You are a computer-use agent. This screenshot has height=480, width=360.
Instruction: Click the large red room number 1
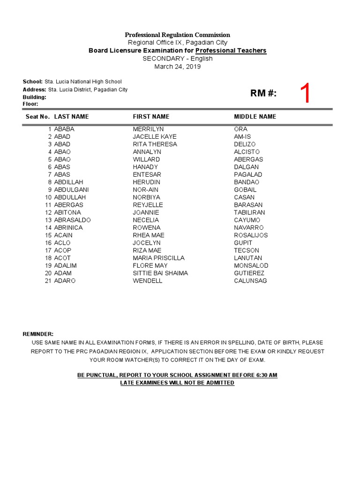coord(305,94)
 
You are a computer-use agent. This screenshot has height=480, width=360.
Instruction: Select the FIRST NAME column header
coord(151,117)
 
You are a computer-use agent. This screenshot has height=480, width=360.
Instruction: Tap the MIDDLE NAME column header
coord(255,117)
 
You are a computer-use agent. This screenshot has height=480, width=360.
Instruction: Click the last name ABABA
coord(64,129)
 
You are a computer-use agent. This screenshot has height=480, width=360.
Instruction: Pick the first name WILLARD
coord(146,159)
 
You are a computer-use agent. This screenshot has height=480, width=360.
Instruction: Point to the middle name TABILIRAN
coord(249,212)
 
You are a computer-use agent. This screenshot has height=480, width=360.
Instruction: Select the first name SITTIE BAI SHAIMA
coord(160,273)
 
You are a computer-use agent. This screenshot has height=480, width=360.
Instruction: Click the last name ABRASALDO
coord(72,220)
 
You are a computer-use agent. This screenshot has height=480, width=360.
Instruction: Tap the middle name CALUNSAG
coord(250,281)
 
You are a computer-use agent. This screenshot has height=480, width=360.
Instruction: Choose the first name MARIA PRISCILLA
coord(158,258)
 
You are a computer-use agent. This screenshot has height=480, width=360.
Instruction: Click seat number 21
coord(48,281)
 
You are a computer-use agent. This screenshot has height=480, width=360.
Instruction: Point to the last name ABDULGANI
coord(71,190)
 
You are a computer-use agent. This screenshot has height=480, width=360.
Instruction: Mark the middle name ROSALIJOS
coord(251,235)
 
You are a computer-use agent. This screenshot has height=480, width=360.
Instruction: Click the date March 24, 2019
coord(178,67)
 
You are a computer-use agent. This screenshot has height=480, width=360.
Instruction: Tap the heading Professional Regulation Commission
coord(177,35)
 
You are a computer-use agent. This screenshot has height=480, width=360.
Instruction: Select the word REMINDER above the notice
coord(38,334)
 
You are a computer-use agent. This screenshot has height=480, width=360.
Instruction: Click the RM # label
coord(263,93)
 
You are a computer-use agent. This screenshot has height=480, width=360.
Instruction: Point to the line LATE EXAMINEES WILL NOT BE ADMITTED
coord(177,383)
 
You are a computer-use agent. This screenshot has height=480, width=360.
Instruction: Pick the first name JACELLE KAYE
coord(155,136)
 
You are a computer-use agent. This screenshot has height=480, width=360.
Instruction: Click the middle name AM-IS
coord(243,136)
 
